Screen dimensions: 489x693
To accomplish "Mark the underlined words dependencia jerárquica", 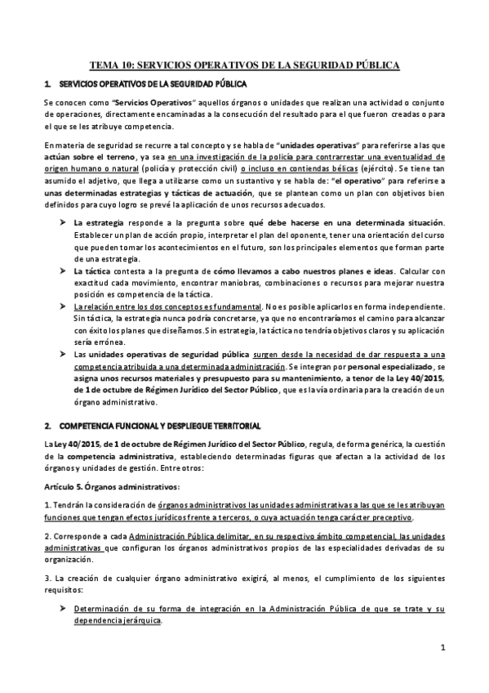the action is click(x=117, y=621).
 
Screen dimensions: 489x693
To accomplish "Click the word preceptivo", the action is click(x=389, y=517).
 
